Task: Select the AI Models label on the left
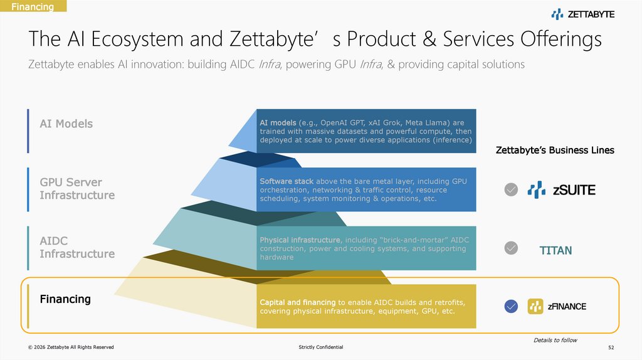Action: pos(66,124)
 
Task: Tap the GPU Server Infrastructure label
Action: pos(77,189)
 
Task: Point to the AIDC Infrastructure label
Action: pos(77,247)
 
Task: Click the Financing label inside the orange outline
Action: pos(65,299)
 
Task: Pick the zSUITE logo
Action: pos(561,189)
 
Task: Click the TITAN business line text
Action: pos(555,251)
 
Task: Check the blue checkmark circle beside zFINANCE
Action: pos(512,307)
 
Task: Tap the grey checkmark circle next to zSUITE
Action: pos(512,189)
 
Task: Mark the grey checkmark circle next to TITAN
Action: pos(512,248)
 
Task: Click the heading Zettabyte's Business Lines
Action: pos(555,151)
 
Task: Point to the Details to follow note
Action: pos(555,340)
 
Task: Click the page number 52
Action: pos(611,347)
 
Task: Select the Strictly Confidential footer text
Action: pos(321,347)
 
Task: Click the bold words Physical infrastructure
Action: pos(300,240)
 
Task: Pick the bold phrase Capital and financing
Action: pos(298,302)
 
